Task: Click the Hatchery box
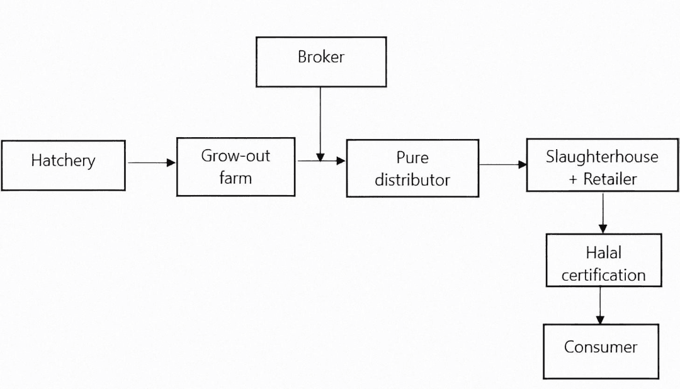tap(63, 165)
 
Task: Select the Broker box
tap(321, 61)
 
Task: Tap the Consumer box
tap(601, 351)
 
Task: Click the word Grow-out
tap(235, 156)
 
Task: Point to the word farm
tap(235, 178)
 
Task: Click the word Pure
tap(412, 157)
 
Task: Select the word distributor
tap(412, 180)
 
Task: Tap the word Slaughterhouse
tap(602, 157)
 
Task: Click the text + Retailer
tap(603, 179)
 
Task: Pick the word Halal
tap(603, 253)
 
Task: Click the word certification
tap(603, 275)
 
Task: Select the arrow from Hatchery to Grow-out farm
tap(151, 162)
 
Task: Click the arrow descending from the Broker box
tap(320, 123)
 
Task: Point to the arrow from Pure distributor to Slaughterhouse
tap(502, 164)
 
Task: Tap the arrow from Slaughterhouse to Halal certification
tap(603, 212)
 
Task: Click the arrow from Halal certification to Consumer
tap(600, 305)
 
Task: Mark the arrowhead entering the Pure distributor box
tap(341, 161)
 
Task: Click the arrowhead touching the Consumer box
tap(600, 320)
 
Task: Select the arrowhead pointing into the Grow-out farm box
tap(171, 162)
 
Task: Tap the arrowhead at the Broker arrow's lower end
tap(320, 157)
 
